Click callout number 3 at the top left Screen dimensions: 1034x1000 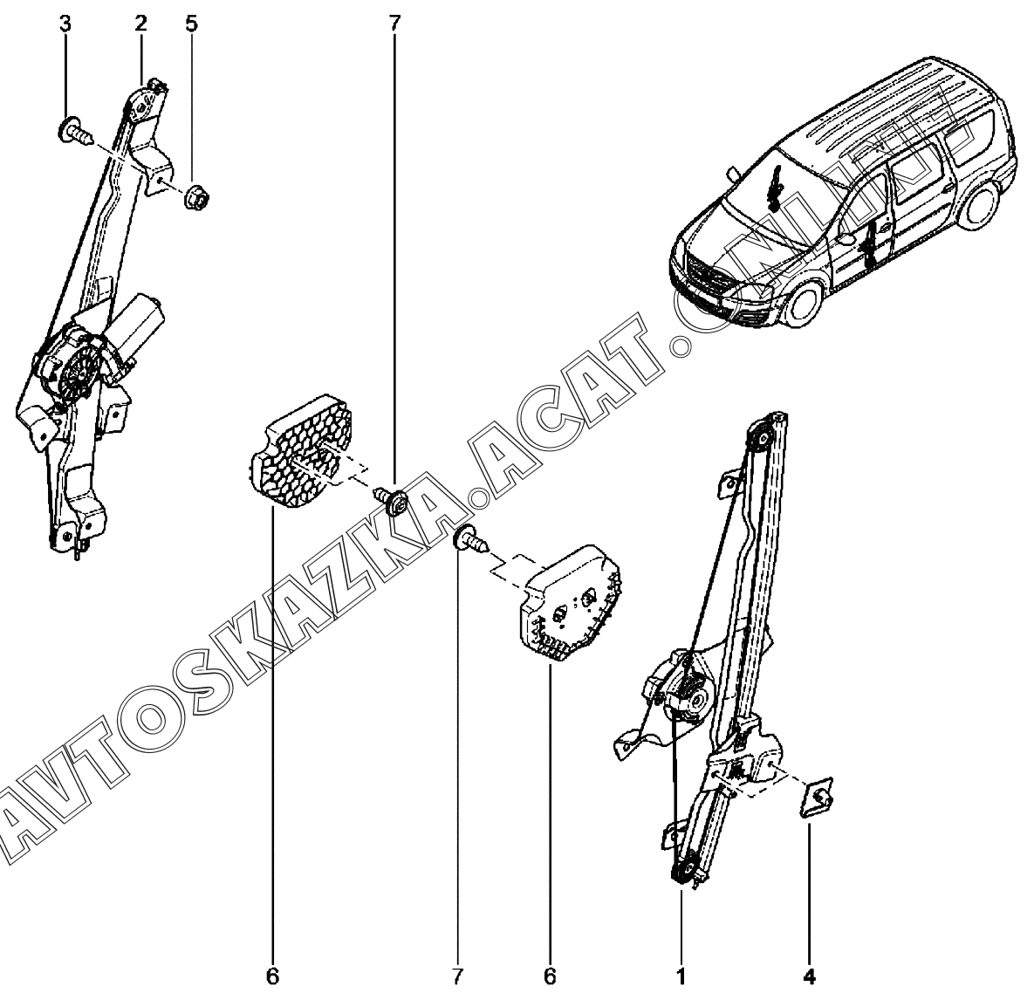point(65,24)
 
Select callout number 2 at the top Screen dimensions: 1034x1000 point(140,24)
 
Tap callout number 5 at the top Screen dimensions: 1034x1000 point(191,24)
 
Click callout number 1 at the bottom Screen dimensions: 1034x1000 point(681,976)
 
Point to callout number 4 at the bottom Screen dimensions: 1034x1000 point(810,976)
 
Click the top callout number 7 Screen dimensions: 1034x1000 point(394,24)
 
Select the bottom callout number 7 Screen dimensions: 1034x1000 point(457,976)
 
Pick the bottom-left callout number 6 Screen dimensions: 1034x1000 point(273,976)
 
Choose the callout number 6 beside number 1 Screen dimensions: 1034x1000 point(550,976)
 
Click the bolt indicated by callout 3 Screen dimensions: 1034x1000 point(74,131)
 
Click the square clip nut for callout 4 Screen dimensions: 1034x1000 point(817,797)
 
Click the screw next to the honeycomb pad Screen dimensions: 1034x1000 point(391,498)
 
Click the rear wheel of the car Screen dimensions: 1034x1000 point(979,205)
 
